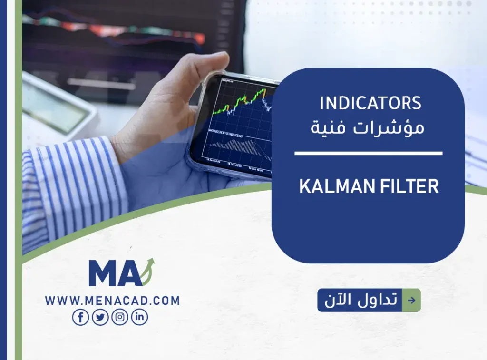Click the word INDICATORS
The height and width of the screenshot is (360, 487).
tap(370, 103)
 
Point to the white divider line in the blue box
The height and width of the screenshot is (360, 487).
tap(368, 153)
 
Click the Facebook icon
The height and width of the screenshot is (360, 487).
tap(80, 317)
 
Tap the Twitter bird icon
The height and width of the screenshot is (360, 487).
tap(100, 317)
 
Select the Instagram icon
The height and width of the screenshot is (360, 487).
tap(120, 317)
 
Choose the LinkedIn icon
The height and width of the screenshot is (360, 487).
tap(139, 317)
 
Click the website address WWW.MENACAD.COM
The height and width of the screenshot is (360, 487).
tap(112, 301)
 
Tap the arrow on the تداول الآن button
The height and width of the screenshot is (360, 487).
tap(411, 300)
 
